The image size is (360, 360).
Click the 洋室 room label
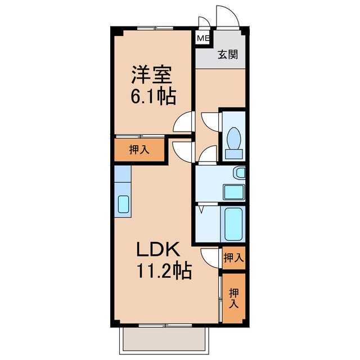pos(151,75)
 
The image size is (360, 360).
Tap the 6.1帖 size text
pos(152,97)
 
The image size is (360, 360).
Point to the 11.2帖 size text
pos(163,272)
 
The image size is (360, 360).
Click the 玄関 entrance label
pos(228,55)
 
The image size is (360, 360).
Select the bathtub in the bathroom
pos(233,223)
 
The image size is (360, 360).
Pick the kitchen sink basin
pos(123,205)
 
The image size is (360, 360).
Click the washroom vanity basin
pos(234,192)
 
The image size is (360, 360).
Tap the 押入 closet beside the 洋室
pos(139,150)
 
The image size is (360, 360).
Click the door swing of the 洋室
pos(183,121)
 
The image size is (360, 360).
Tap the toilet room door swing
pos(209,121)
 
